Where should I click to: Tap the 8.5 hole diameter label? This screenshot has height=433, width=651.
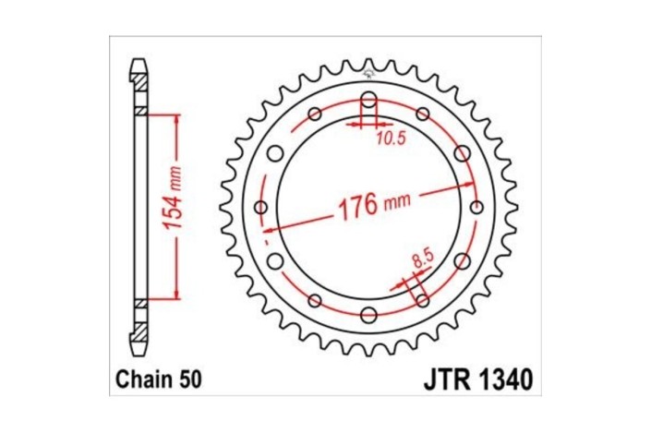coord(421,261)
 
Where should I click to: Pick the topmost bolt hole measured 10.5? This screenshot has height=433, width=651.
coord(368,100)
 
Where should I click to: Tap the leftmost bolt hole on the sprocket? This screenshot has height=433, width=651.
coord(259,207)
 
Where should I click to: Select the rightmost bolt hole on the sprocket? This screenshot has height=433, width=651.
coord(476,207)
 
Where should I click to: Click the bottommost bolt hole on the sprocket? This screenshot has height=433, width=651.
coord(368,314)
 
